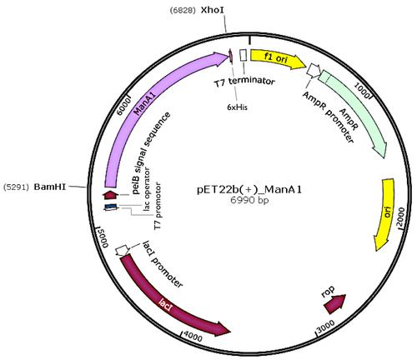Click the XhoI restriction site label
pyautogui.click(x=213, y=10)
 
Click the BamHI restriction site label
pyautogui.click(x=50, y=187)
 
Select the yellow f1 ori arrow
pyautogui.click(x=279, y=60)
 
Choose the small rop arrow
pyautogui.click(x=335, y=304)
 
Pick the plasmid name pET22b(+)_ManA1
pyautogui.click(x=249, y=190)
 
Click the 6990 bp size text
pyautogui.click(x=249, y=200)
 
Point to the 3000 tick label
pyautogui.click(x=325, y=326)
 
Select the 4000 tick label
pyautogui.click(x=193, y=337)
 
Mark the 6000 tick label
pyautogui.click(x=123, y=107)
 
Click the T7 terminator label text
pyautogui.click(x=244, y=82)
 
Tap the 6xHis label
pyautogui.click(x=237, y=107)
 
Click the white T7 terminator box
pyautogui.click(x=244, y=55)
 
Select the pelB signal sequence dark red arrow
pyautogui.click(x=111, y=195)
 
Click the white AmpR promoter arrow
pyautogui.click(x=314, y=71)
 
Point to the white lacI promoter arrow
pyautogui.click(x=122, y=250)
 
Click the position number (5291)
pyautogui.click(x=16, y=187)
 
